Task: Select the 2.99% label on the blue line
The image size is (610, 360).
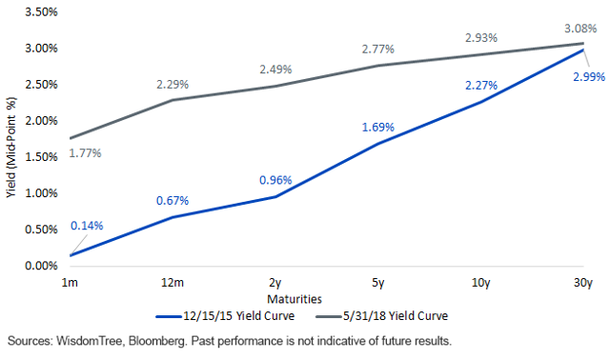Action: click(x=583, y=75)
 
